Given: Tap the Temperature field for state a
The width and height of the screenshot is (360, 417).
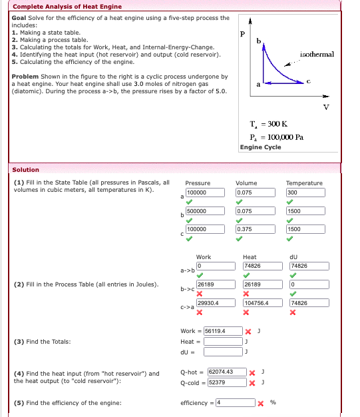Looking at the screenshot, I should click(x=305, y=193).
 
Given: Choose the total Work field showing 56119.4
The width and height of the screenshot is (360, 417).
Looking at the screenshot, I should click(x=223, y=331).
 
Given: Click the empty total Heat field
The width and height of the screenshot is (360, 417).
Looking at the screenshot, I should click(x=223, y=342).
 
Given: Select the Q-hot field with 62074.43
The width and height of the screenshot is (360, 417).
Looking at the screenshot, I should click(x=226, y=372).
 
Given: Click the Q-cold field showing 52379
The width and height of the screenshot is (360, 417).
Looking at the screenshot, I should click(x=226, y=382).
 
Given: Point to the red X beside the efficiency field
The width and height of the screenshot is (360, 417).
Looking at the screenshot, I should click(x=261, y=404).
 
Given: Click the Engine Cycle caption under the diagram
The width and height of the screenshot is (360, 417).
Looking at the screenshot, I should click(x=260, y=147).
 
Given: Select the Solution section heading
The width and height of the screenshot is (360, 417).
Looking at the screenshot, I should click(x=26, y=170).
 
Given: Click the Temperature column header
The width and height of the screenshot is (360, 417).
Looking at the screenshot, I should click(x=304, y=183).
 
